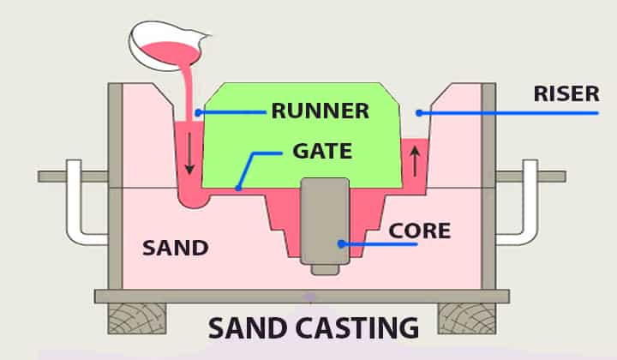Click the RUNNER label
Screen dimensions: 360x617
pos(320,111)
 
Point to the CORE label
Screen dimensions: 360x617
pos(419,231)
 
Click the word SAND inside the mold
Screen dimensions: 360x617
pos(176,249)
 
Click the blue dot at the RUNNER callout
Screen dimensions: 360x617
pos(198,111)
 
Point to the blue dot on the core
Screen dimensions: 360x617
pos(341,243)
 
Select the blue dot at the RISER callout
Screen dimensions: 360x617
pos(419,111)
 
